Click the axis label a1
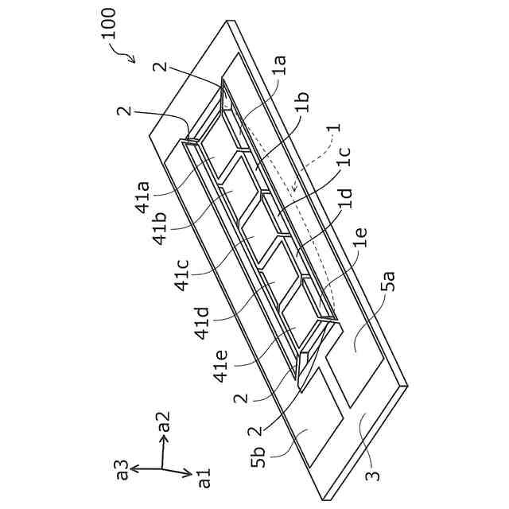pyautogui.click(x=204, y=477)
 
